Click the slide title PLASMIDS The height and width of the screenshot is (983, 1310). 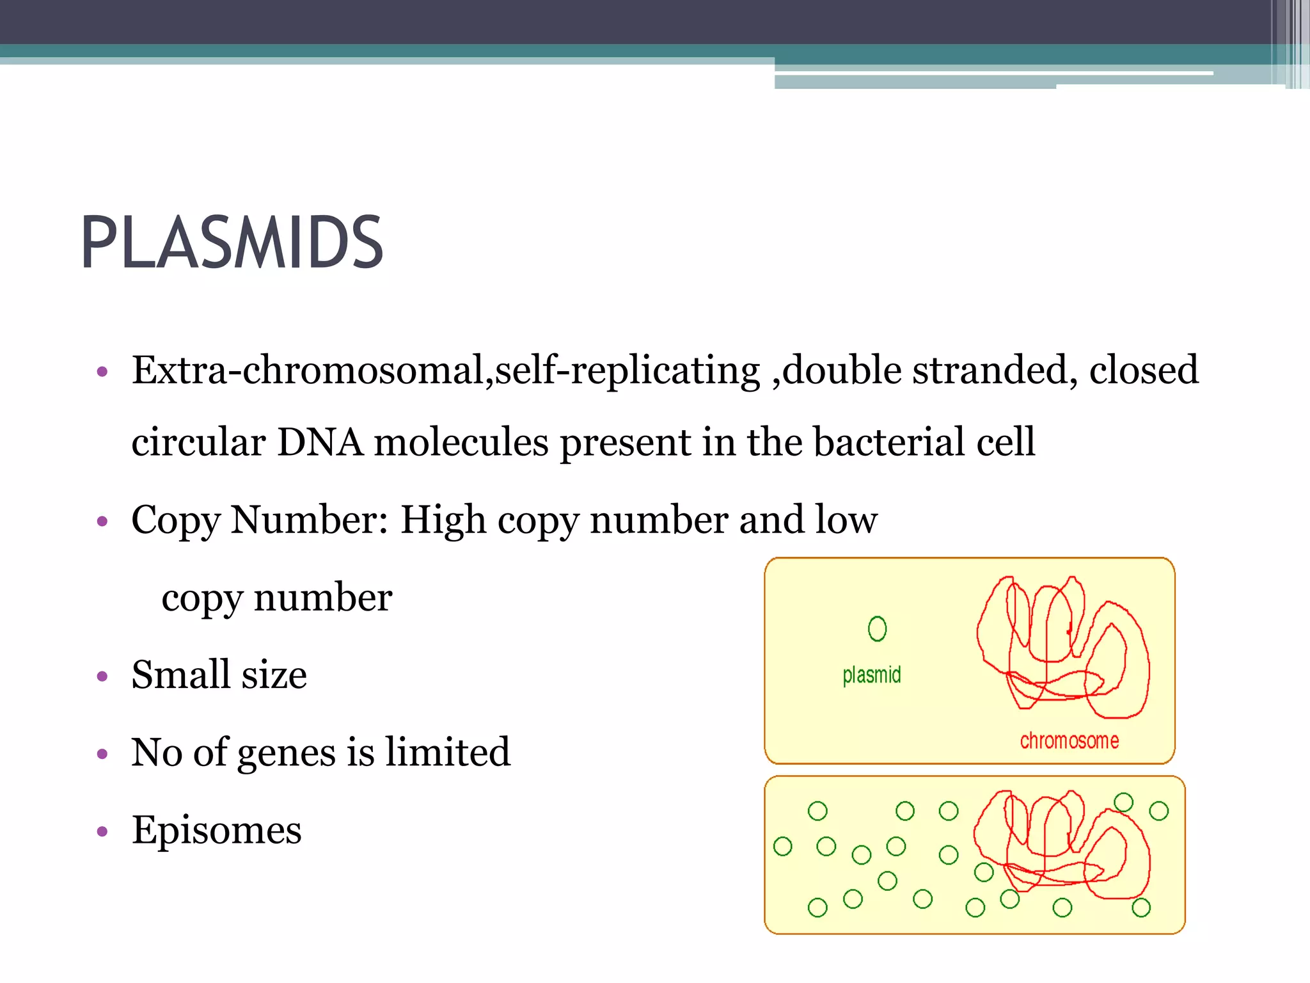(x=232, y=243)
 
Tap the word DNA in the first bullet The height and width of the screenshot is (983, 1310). (x=320, y=442)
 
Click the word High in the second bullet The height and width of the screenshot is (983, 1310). (x=443, y=520)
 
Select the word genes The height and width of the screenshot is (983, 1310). (x=286, y=753)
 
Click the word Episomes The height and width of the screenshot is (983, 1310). (x=216, y=831)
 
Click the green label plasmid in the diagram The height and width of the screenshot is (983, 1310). (x=871, y=675)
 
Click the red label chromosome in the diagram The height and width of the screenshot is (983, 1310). (x=1069, y=741)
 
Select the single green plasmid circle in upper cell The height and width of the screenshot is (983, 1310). (x=877, y=628)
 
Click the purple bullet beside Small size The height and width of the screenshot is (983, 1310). (x=102, y=676)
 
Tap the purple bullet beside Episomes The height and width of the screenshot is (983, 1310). (x=102, y=832)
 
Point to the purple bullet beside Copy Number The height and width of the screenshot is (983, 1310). (x=102, y=522)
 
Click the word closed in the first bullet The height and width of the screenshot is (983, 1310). (x=1143, y=371)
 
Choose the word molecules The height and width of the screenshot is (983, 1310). (x=461, y=442)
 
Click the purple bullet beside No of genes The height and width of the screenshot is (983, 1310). (x=102, y=755)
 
